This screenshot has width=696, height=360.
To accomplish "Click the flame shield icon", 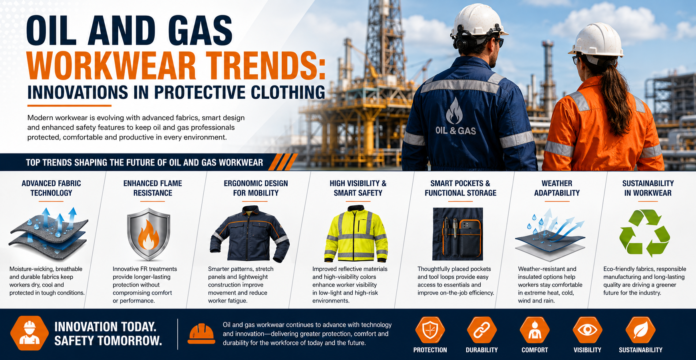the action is click(x=148, y=233).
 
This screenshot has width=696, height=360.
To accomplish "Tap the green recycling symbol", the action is click(x=645, y=233).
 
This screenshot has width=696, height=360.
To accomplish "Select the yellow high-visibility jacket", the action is click(x=356, y=233).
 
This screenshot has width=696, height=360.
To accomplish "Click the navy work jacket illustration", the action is click(x=249, y=233).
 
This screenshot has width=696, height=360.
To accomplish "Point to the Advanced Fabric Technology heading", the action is click(x=51, y=188).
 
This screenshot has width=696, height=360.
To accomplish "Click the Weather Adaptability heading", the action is click(x=557, y=188).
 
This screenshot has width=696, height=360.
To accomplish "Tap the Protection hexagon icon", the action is click(x=430, y=330).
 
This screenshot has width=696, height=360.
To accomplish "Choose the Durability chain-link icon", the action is click(x=482, y=330).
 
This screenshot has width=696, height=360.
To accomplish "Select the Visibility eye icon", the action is click(x=587, y=330).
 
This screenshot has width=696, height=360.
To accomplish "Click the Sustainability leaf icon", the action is click(x=640, y=330).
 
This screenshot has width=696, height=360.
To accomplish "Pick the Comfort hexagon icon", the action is click(x=534, y=330).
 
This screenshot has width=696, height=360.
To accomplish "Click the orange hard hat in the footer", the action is click(x=201, y=334).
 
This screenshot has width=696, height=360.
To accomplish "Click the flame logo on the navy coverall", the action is click(x=454, y=111).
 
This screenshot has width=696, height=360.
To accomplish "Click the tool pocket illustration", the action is click(x=458, y=233).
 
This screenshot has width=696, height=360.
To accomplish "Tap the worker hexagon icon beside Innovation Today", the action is click(x=30, y=333).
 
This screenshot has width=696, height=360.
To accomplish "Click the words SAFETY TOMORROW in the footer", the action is click(x=108, y=341).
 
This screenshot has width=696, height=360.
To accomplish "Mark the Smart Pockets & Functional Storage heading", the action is click(x=460, y=188).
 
